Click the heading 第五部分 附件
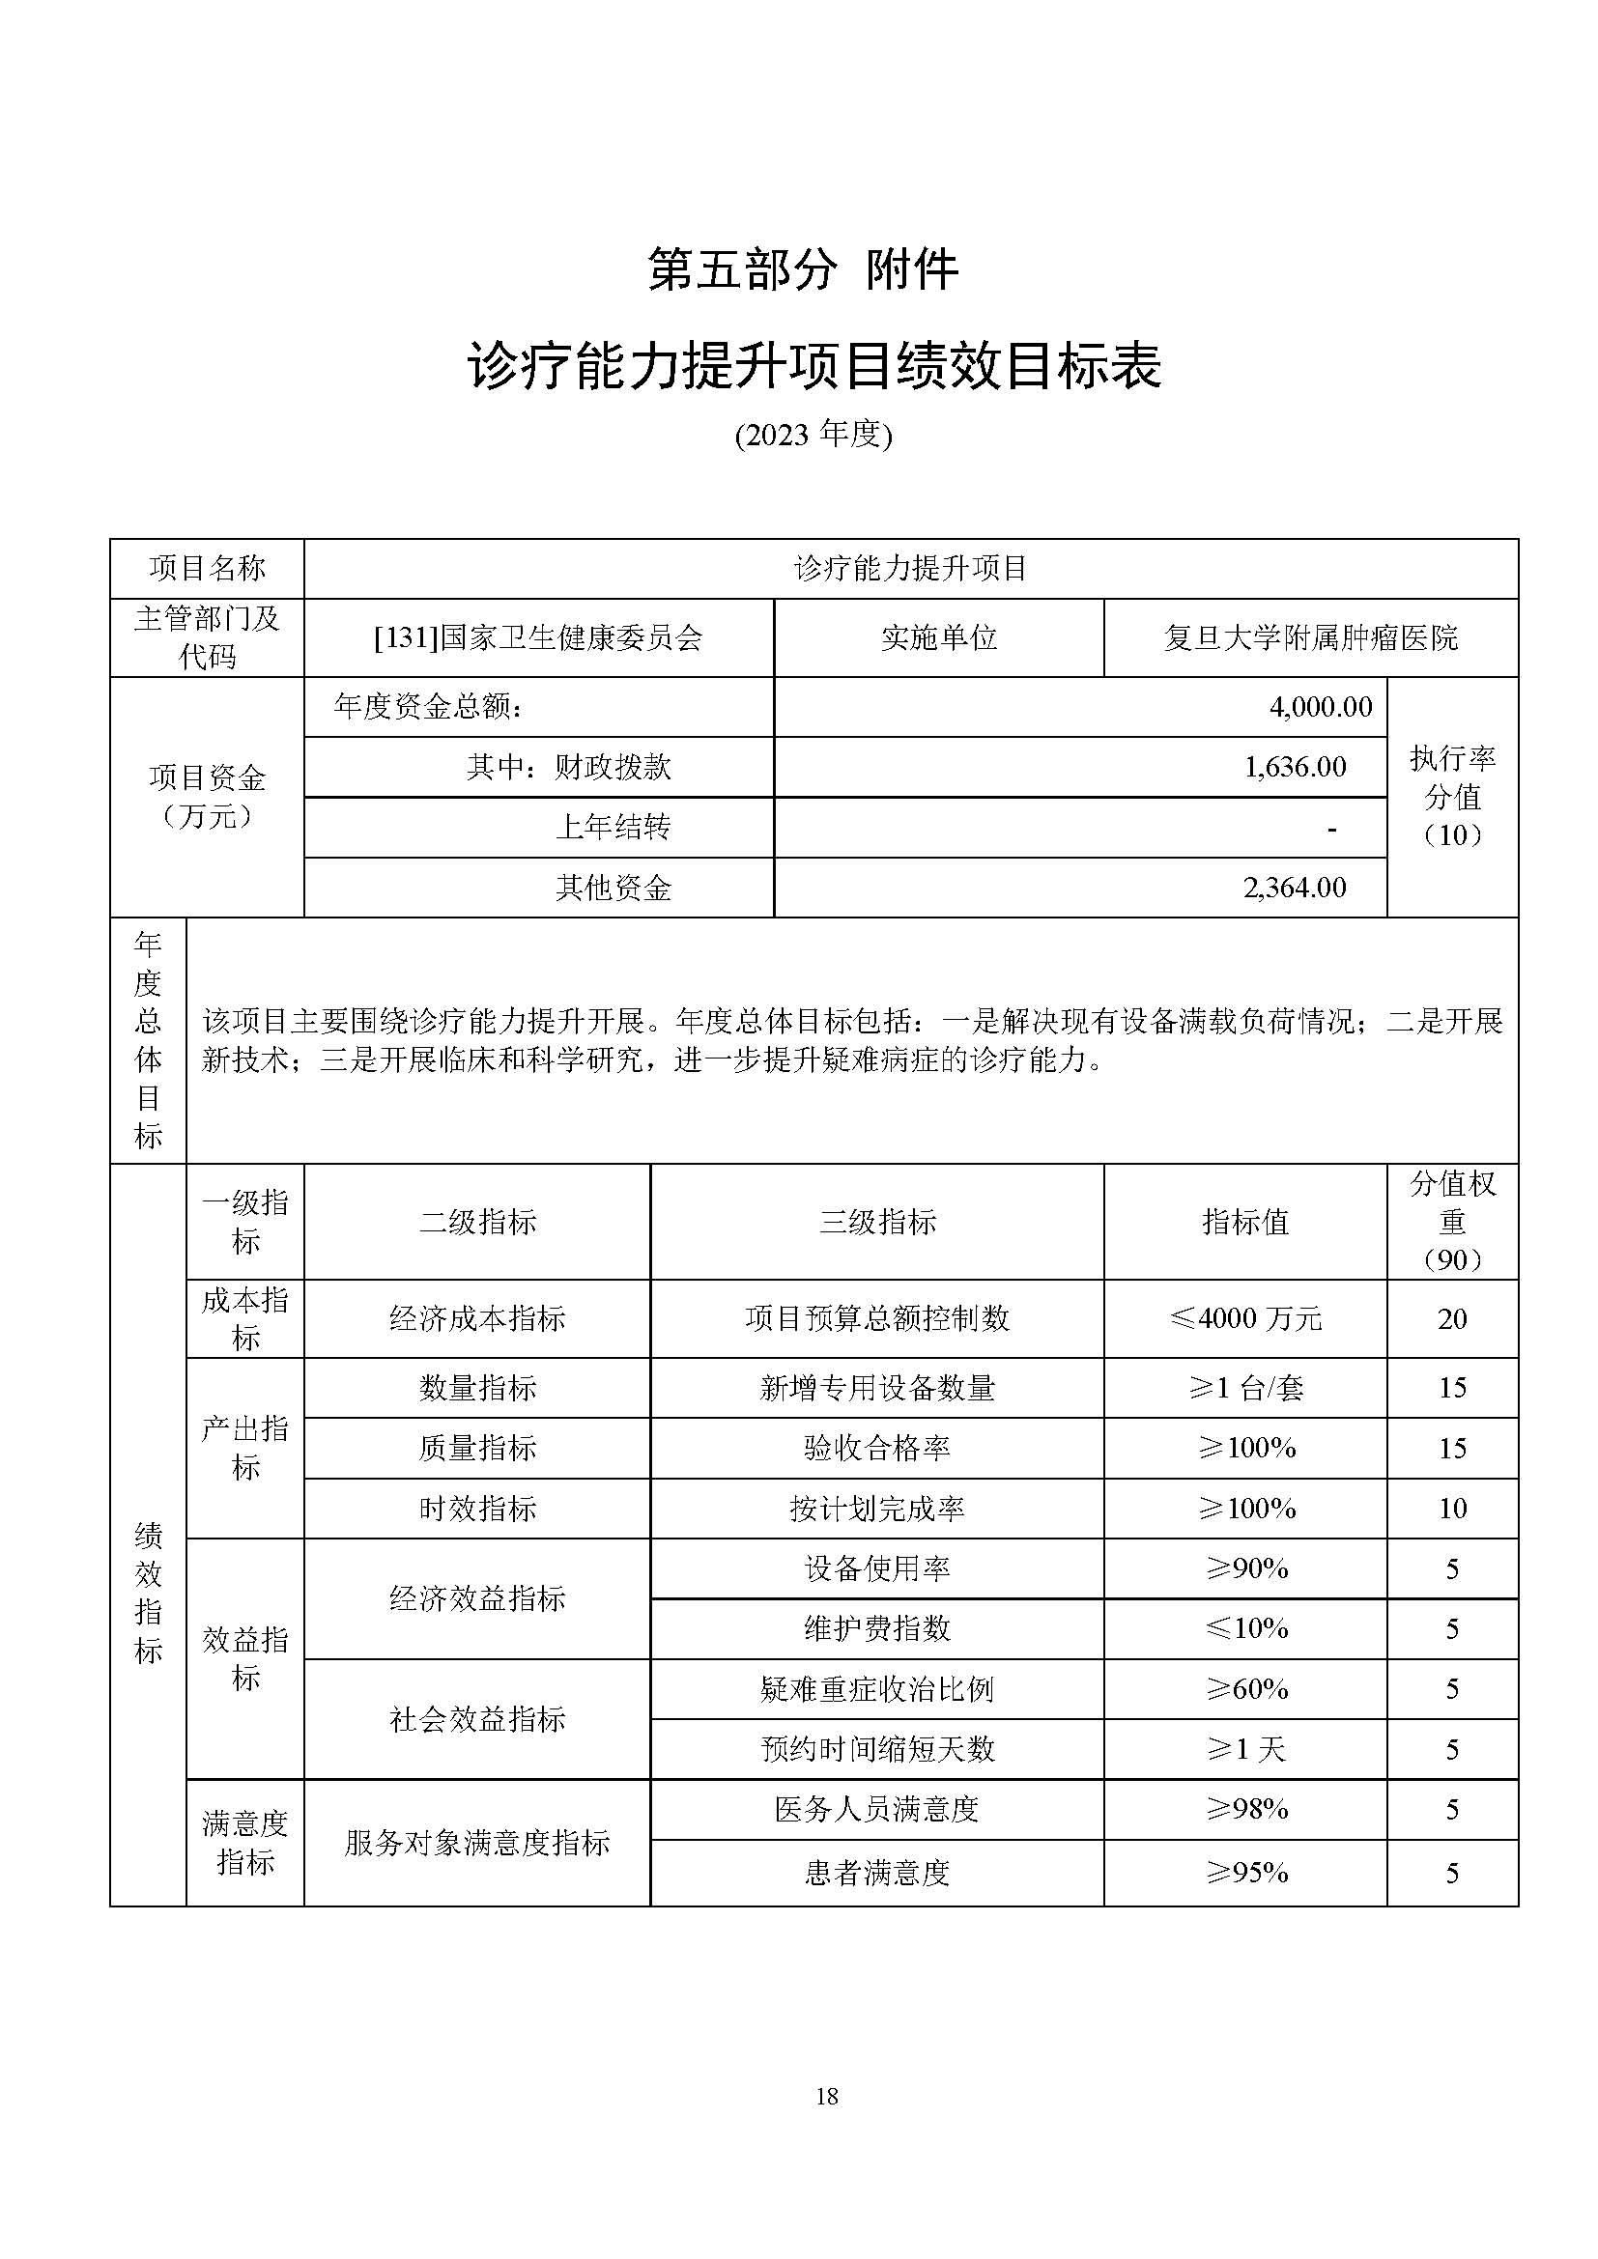pyautogui.click(x=802, y=269)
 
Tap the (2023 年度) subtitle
pyautogui.click(x=813, y=435)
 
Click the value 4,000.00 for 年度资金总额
pyautogui.click(x=1321, y=706)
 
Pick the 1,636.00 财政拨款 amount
pyautogui.click(x=1295, y=767)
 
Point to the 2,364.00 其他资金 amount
pyautogui.click(x=1295, y=888)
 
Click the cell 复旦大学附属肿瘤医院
pyautogui.click(x=1311, y=637)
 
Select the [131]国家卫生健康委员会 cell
pyautogui.click(x=538, y=637)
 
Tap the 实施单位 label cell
pyautogui.click(x=939, y=637)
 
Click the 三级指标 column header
pyautogui.click(x=876, y=1222)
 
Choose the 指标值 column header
pyautogui.click(x=1244, y=1222)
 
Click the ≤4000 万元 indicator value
pyautogui.click(x=1244, y=1318)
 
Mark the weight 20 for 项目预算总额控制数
pyautogui.click(x=1452, y=1318)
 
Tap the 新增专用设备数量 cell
pyautogui.click(x=876, y=1388)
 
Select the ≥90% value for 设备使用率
pyautogui.click(x=1246, y=1568)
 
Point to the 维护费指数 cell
pyautogui.click(x=876, y=1628)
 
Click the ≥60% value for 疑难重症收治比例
pyautogui.click(x=1246, y=1689)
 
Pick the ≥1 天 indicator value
pyautogui.click(x=1245, y=1749)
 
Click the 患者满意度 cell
pyautogui.click(x=876, y=1872)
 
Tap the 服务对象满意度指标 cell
pyautogui.click(x=477, y=1842)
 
